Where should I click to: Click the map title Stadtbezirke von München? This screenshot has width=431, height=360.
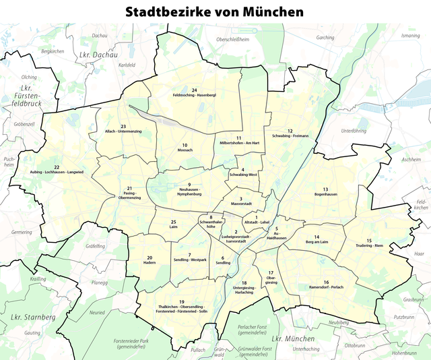[215, 11]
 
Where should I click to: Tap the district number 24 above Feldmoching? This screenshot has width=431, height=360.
[194, 90]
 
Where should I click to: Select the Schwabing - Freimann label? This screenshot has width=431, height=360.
[290, 136]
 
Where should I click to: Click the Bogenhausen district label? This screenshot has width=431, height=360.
[325, 194]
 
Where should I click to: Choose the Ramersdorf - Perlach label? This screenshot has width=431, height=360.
[325, 287]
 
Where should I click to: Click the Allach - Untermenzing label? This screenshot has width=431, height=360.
[123, 131]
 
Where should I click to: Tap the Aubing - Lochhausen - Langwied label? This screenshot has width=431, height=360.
[57, 172]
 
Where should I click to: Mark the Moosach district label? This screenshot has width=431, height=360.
[184, 149]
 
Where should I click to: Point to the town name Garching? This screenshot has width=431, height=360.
[325, 38]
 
